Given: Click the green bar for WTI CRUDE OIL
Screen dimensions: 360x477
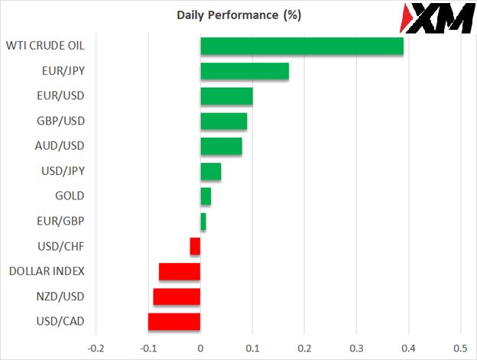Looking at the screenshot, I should point(302,46).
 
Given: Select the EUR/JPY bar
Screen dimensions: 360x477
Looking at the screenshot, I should point(245,71).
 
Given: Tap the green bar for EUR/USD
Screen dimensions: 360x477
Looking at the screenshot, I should point(226,96).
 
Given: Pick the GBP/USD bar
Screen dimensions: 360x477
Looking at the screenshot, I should point(223,122).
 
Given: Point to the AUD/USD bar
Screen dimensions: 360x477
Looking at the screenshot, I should point(221,146).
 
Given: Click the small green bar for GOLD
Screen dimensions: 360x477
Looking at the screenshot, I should point(206,196).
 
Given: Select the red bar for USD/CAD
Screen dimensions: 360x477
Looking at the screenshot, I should point(174,321).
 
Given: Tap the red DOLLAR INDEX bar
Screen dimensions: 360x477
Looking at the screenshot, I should point(180,271).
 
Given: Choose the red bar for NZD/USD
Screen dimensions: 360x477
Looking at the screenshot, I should point(177,297).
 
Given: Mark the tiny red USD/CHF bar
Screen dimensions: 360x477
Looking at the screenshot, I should point(195,246).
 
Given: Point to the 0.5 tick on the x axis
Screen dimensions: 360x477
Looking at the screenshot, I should point(460,348).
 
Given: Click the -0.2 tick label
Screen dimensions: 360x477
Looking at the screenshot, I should point(96,348).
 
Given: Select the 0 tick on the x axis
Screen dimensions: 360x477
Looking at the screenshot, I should point(200,348).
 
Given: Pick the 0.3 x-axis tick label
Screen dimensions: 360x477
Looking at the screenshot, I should point(356,348).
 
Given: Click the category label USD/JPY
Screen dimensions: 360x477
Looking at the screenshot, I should point(63,171).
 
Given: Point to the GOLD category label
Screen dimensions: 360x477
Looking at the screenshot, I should point(70,196).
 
